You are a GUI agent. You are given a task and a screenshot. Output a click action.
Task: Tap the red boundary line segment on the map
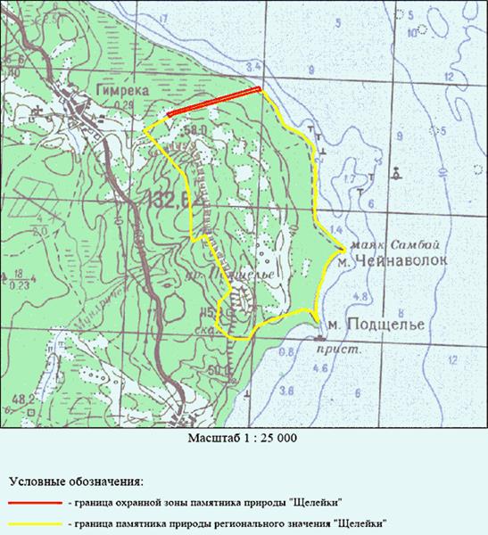(x=214, y=101)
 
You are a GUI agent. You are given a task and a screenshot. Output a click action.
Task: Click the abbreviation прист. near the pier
(x=331, y=350)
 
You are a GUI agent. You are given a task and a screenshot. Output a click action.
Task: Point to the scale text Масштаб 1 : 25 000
(x=243, y=439)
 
